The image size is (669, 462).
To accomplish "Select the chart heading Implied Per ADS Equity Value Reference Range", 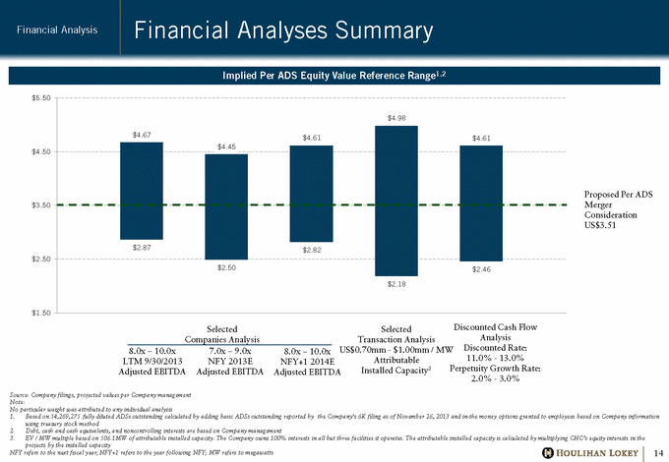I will point(334,76).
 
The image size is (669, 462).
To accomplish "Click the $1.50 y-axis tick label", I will point(40,311).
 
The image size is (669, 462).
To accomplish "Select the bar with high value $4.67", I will point(141,191).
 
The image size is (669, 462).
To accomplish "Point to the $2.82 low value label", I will point(311,251).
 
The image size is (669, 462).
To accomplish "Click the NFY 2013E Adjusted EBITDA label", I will point(226,356).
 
